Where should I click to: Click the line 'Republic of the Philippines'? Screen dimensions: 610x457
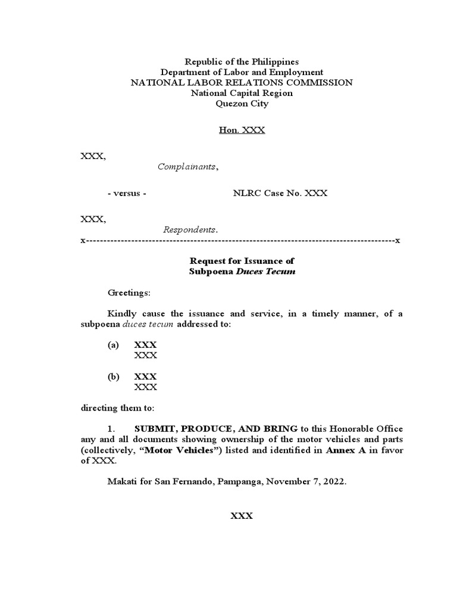[241, 61]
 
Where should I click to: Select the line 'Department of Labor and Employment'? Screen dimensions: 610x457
[241, 72]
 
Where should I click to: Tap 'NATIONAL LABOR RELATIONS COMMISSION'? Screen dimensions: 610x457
[241, 83]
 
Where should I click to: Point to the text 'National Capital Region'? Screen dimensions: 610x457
[241, 93]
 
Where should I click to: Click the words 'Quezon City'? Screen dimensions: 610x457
[241, 104]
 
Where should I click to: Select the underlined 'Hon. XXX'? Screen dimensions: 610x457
[241, 130]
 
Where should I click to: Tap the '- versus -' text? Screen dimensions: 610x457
[127, 193]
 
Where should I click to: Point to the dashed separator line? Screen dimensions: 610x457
[241, 240]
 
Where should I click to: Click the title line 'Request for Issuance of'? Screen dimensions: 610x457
[241, 261]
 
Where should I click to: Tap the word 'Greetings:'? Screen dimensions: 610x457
[129, 293]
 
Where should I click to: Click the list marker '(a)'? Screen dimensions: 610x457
[113, 345]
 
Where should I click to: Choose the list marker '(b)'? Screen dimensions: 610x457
[113, 376]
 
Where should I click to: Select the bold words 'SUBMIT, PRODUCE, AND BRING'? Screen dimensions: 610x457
[216, 429]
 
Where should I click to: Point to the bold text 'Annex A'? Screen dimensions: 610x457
[343, 450]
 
